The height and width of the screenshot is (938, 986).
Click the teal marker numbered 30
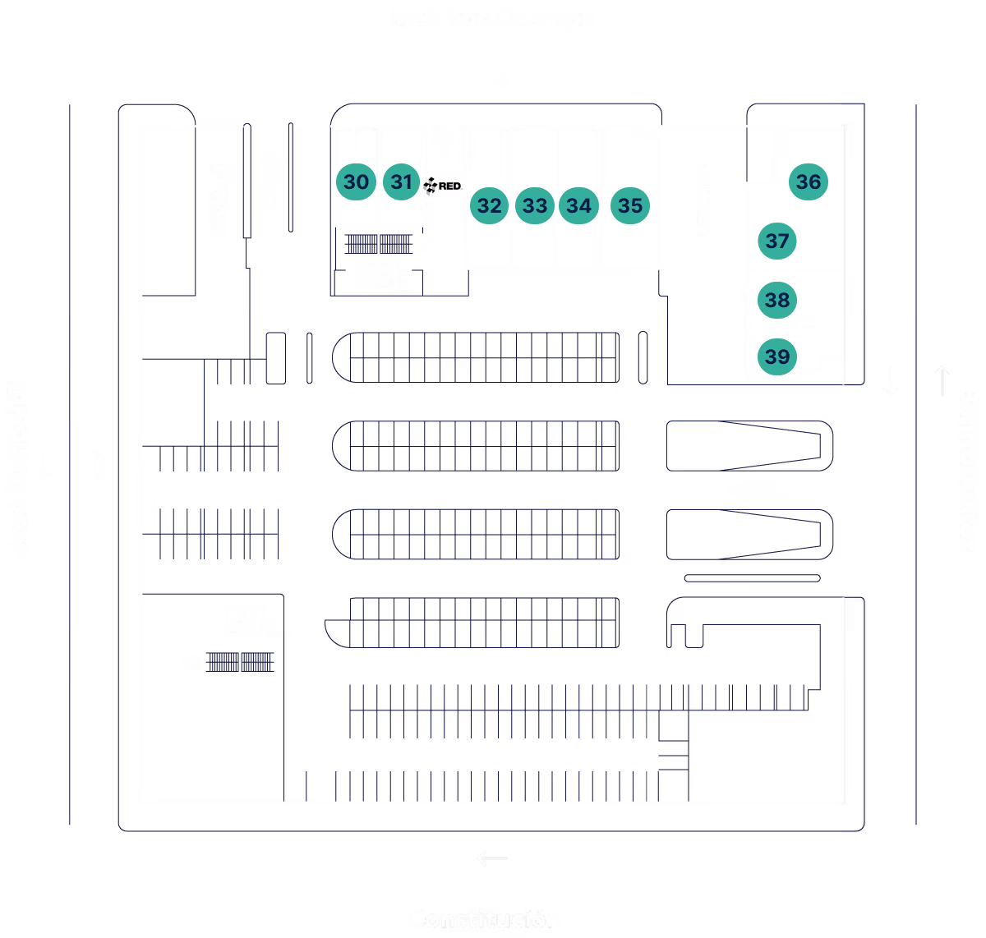(x=356, y=182)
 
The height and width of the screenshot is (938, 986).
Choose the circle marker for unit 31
(x=401, y=182)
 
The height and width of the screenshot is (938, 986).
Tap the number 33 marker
(x=535, y=205)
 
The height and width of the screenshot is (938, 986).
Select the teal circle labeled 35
(x=630, y=205)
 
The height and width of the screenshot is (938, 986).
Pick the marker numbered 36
(x=809, y=182)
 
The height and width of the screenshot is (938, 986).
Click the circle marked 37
(x=777, y=241)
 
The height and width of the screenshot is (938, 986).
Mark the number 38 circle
(x=777, y=300)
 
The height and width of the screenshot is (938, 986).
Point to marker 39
(x=776, y=356)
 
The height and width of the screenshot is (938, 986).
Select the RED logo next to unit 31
(x=443, y=186)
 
